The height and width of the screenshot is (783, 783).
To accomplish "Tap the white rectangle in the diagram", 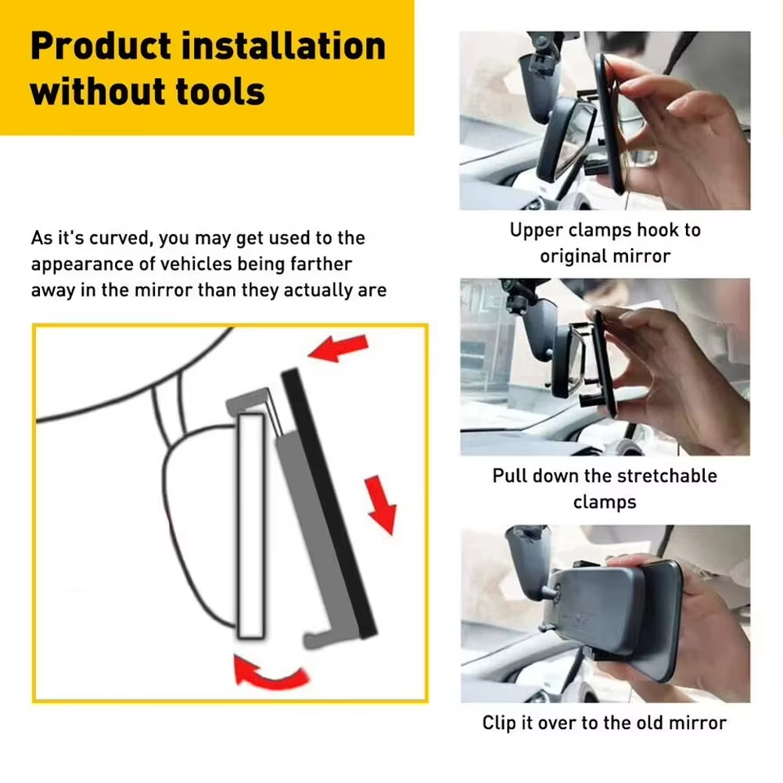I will (251, 525).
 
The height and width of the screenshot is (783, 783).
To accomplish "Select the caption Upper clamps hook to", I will (605, 230).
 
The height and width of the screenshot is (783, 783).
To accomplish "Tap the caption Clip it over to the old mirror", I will (605, 723).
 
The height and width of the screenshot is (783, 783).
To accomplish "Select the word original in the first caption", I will (574, 256).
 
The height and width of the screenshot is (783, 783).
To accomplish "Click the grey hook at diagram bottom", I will (321, 638).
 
